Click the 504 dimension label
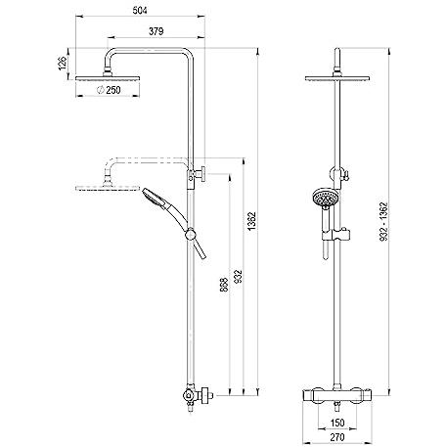click(140, 11)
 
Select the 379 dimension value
click(156, 31)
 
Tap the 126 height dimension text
click(63, 64)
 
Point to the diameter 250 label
click(109, 90)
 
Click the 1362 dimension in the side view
click(252, 221)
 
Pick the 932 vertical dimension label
click(239, 276)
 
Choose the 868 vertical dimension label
click(224, 285)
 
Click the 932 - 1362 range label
click(384, 222)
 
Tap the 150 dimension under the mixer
click(337, 423)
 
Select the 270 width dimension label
click(337, 437)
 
